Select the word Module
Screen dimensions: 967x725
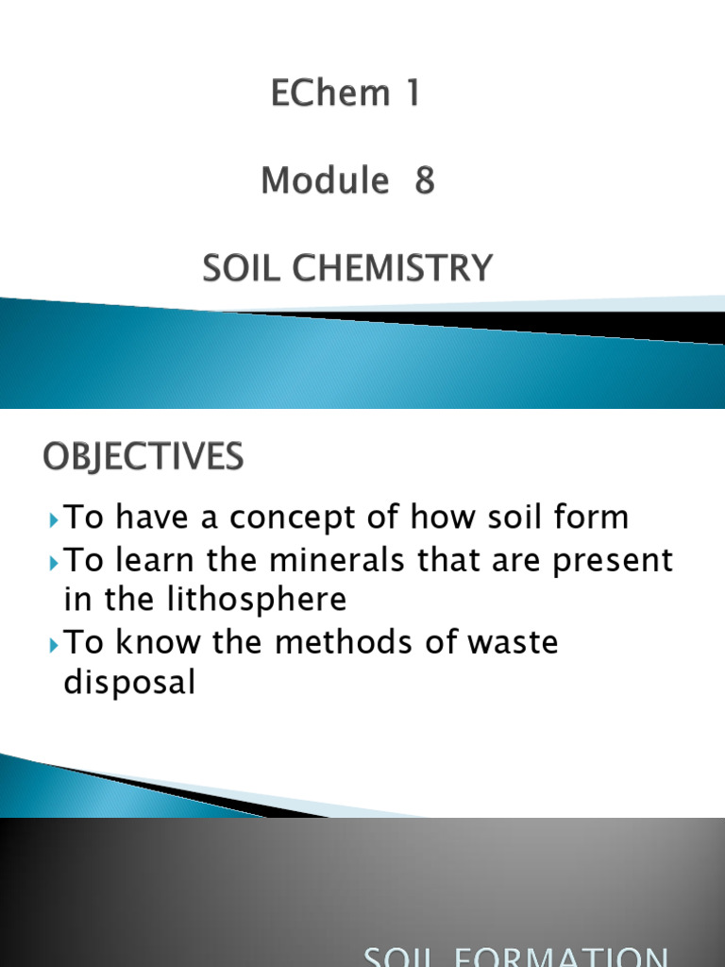pyautogui.click(x=325, y=180)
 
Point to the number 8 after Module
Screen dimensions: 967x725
pyautogui.click(x=424, y=180)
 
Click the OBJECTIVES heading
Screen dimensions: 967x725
pyautogui.click(x=143, y=459)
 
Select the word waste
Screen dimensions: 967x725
pyautogui.click(x=514, y=642)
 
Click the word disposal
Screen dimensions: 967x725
pyautogui.click(x=129, y=684)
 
